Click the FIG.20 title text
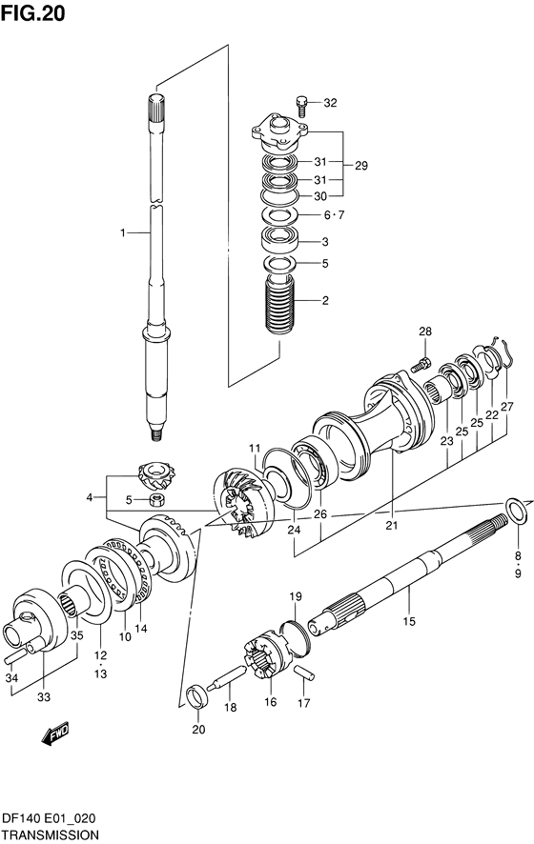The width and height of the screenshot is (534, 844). coord(32,13)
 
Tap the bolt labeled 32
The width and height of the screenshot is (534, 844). coord(301,106)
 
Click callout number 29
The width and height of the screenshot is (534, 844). coord(361,166)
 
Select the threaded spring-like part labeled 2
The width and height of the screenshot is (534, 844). coord(279,306)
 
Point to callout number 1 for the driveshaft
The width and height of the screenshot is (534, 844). coord(123,232)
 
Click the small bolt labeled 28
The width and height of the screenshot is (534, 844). coord(420,365)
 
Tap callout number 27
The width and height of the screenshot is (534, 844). coord(507,407)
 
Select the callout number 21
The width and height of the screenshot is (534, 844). coord(391,525)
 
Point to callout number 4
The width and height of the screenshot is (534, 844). coord(90,497)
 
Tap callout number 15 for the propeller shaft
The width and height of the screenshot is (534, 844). coord(409,621)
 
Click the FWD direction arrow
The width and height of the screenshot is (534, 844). coord(55,733)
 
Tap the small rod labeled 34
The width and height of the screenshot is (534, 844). coord(14,655)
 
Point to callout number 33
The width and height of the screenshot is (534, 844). coord(44,697)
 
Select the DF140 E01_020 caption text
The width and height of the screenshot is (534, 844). coord(49,818)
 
